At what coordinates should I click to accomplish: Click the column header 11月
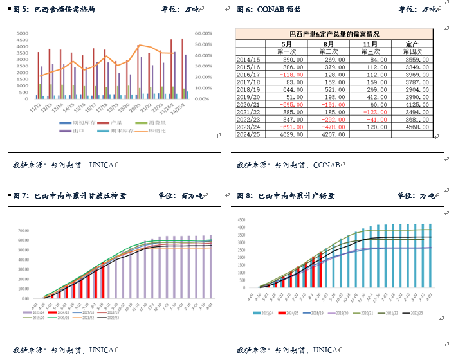pyautogui.click(x=371, y=44)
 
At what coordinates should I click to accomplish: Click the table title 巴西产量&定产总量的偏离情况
pyautogui.click(x=334, y=34)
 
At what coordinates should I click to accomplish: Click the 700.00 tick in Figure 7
pyautogui.click(x=24, y=230)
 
